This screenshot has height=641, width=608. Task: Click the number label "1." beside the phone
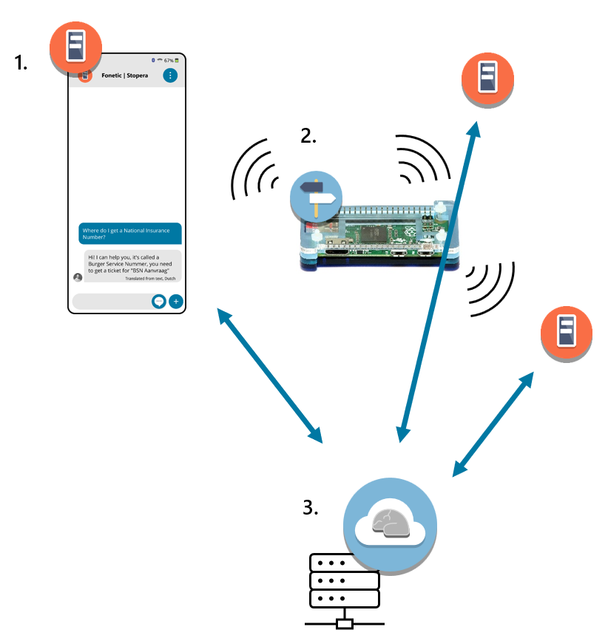pyautogui.click(x=21, y=62)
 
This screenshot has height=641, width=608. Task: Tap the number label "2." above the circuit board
pyautogui.click(x=308, y=135)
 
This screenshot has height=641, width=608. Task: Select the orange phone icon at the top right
pyautogui.click(x=487, y=78)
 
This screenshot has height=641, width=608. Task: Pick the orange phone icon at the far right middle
pyautogui.click(x=566, y=333)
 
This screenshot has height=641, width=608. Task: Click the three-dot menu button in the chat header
pyautogui.click(x=170, y=75)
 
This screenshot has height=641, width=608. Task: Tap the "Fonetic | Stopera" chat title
pyautogui.click(x=124, y=75)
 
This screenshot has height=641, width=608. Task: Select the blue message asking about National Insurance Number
pyautogui.click(x=130, y=234)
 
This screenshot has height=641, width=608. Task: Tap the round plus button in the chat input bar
pyautogui.click(x=175, y=301)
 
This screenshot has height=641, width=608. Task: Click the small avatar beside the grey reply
pyautogui.click(x=78, y=277)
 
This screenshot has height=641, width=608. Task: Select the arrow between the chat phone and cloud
pyautogui.click(x=270, y=375)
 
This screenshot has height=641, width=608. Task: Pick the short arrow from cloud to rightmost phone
pyautogui.click(x=493, y=423)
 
